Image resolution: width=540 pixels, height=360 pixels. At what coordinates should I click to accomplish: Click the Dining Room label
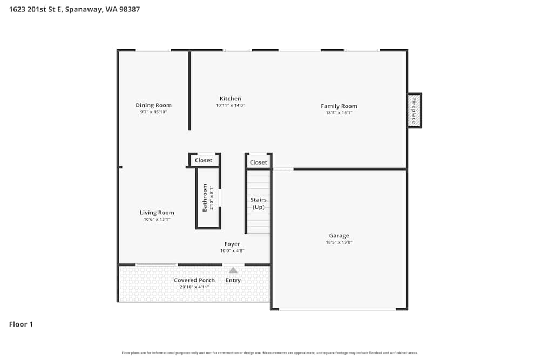(x=153, y=105)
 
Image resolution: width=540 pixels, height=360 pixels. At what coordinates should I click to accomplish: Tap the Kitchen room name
(x=230, y=99)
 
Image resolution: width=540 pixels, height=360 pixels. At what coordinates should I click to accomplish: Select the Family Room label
(x=339, y=106)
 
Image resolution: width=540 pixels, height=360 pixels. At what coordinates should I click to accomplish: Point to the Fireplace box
(x=414, y=111)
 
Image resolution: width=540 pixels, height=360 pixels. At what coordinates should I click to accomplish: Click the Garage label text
(x=339, y=236)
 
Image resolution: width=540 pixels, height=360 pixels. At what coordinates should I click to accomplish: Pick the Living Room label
(x=157, y=213)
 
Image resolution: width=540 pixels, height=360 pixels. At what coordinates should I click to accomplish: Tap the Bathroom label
(x=205, y=198)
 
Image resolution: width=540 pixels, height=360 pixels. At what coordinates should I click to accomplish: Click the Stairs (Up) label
(x=258, y=203)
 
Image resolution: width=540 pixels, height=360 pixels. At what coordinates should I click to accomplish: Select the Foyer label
(x=232, y=244)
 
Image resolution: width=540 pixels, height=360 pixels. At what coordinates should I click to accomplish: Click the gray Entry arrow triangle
(x=233, y=270)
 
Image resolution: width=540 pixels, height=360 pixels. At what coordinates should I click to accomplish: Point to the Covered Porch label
(x=194, y=280)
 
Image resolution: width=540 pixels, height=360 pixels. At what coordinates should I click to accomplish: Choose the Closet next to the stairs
(x=258, y=162)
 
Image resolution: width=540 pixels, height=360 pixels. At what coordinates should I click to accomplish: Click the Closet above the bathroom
(x=204, y=160)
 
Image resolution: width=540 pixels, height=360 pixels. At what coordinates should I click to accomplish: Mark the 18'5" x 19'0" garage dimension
(x=339, y=243)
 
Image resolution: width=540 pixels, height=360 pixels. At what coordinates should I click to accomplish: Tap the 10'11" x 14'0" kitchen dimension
(x=230, y=106)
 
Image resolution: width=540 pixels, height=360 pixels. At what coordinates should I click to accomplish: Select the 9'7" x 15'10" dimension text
(x=153, y=112)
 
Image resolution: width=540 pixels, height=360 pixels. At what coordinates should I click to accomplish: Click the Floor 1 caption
(x=21, y=324)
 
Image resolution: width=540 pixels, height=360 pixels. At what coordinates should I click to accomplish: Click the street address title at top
(x=75, y=9)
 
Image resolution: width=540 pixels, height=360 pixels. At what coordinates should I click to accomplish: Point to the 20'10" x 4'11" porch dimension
(x=194, y=287)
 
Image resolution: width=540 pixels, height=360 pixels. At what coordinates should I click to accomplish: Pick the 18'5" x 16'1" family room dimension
(x=339, y=113)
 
